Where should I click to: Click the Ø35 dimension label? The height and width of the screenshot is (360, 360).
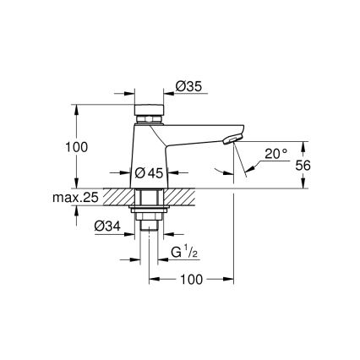tap(188, 85)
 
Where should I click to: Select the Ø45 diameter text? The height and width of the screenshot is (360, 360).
tap(150, 172)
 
